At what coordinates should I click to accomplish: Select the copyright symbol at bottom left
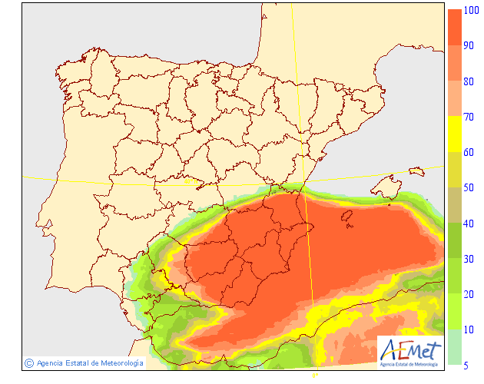click(28, 362)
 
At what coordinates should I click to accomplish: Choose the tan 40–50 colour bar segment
click(455, 204)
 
